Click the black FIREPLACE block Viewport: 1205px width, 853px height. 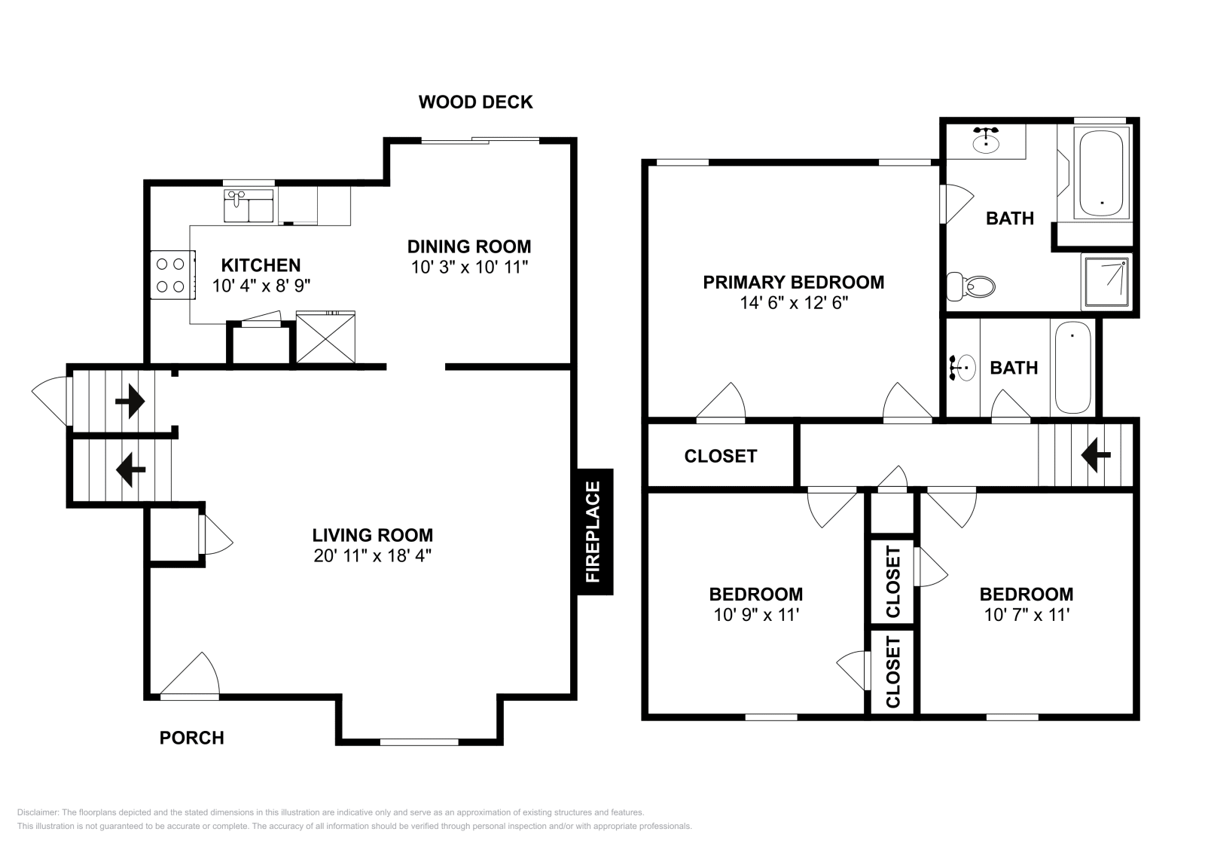[595, 532]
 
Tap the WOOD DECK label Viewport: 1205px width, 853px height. [475, 102]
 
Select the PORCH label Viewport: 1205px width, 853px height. [191, 738]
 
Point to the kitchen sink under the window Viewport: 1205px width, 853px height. [248, 206]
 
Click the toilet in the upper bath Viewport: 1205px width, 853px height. [972, 286]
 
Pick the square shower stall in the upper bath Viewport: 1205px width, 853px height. [1106, 281]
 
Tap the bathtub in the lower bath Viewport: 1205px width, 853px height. [1073, 367]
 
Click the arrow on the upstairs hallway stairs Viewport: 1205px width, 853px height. [1096, 455]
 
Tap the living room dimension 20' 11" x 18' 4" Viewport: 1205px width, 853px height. [373, 556]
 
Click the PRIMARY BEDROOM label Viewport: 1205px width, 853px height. [793, 283]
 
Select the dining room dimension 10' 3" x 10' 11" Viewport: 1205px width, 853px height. [469, 267]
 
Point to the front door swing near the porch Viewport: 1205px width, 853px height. [190, 675]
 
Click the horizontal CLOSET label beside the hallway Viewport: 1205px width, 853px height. [720, 456]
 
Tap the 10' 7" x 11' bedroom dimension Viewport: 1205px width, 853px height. [1027, 615]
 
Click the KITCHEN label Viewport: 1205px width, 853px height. [261, 265]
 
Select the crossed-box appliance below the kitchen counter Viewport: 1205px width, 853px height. [325, 338]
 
